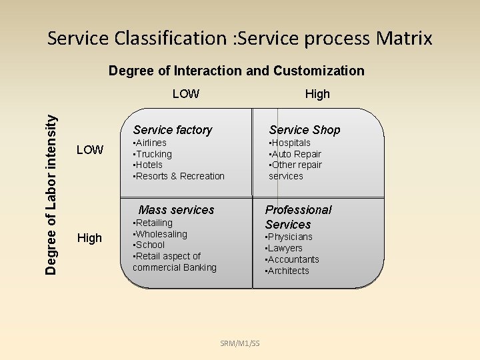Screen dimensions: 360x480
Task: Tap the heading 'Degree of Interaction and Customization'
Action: [x=236, y=71]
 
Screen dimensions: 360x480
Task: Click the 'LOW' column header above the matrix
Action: [x=185, y=94]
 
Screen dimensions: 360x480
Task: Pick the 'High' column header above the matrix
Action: [x=317, y=94]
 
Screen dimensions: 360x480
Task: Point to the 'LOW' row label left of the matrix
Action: [x=90, y=150]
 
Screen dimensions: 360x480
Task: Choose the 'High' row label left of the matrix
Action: [x=90, y=238]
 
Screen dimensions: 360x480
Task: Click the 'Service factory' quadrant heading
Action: [x=173, y=130]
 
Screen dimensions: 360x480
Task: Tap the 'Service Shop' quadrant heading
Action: [x=305, y=130]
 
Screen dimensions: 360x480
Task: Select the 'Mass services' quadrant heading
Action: [x=176, y=210]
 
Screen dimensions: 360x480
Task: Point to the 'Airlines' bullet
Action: [x=151, y=143]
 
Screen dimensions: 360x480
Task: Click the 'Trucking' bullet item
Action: [x=153, y=154]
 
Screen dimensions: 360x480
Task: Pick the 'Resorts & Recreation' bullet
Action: [x=180, y=176]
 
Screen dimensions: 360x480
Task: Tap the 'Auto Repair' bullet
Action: [x=295, y=154]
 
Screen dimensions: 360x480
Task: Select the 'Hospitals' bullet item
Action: [x=291, y=143]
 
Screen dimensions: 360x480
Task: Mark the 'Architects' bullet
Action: [x=288, y=271]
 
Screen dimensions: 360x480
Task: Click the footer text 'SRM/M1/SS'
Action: [x=240, y=343]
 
